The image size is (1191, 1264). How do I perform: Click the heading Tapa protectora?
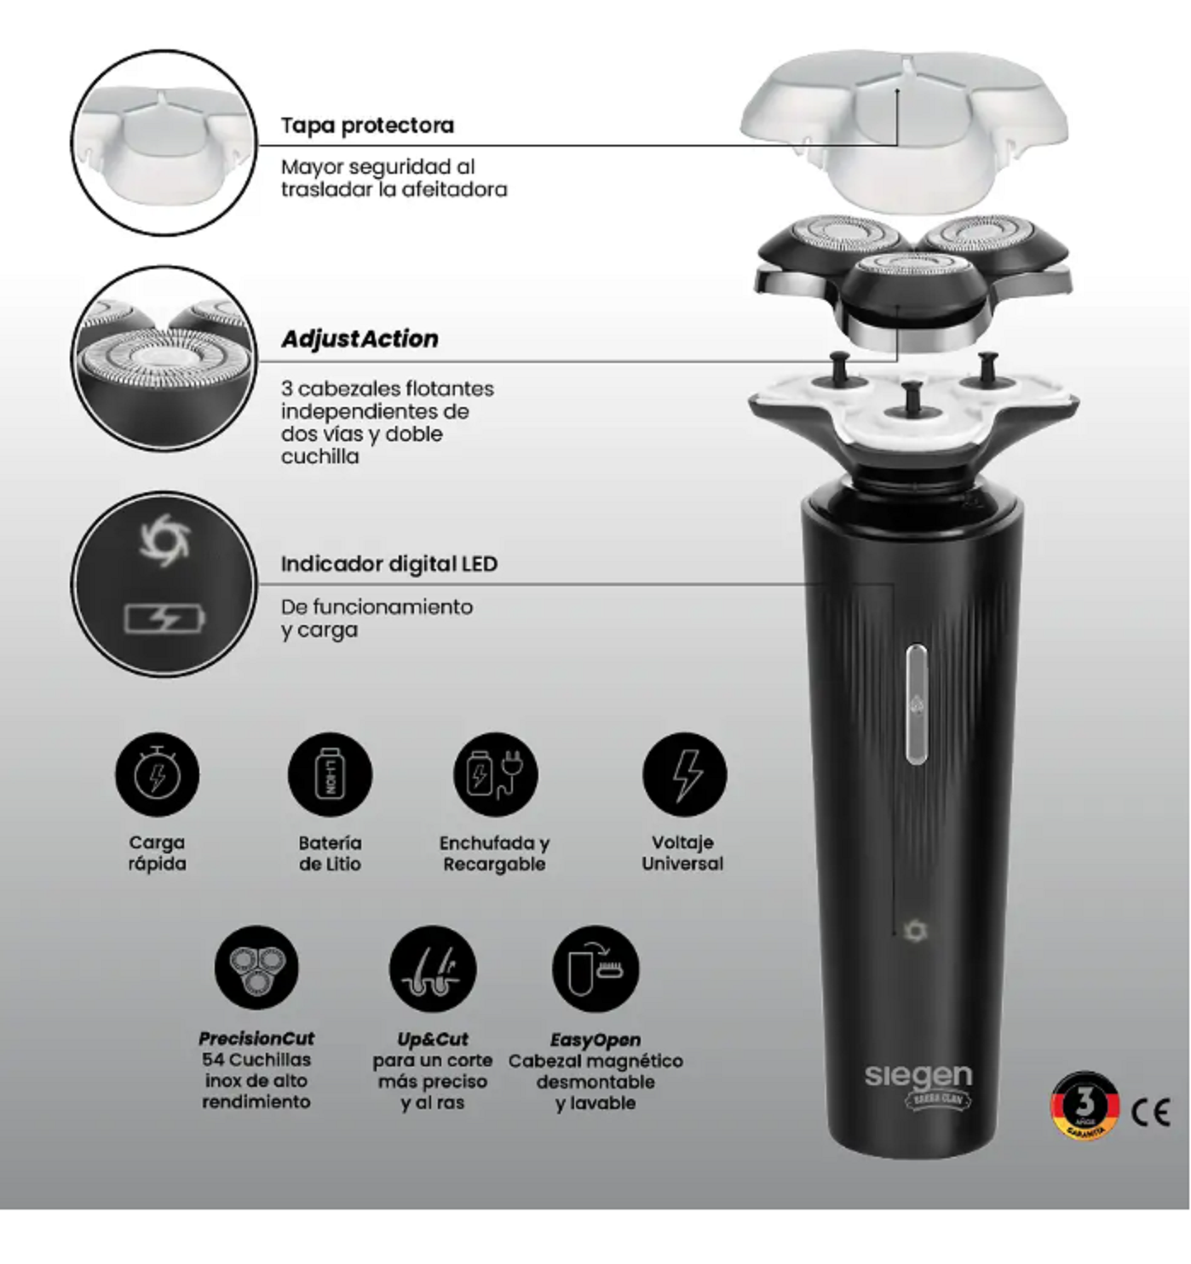pyautogui.click(x=367, y=126)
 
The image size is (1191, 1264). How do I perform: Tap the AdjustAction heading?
pyautogui.click(x=360, y=339)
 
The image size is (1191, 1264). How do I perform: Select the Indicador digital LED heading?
pyautogui.click(x=389, y=564)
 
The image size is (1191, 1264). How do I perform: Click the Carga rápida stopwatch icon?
pyautogui.click(x=158, y=775)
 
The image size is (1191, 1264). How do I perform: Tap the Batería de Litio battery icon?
pyautogui.click(x=330, y=775)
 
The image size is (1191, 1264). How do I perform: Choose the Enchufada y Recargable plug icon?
pyautogui.click(x=495, y=775)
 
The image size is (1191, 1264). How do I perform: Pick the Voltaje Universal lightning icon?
pyautogui.click(x=684, y=775)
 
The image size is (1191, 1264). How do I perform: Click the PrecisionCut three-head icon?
pyautogui.click(x=256, y=968)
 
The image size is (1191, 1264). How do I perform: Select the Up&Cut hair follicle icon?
pyautogui.click(x=432, y=968)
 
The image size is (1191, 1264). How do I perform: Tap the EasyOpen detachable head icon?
pyautogui.click(x=595, y=968)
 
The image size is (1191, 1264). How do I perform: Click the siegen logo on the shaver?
pyautogui.click(x=918, y=1076)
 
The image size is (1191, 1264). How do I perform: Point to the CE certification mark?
pyautogui.click(x=1150, y=1112)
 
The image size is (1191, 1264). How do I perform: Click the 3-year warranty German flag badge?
pyautogui.click(x=1084, y=1106)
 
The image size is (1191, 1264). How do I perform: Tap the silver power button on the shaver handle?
pyautogui.click(x=917, y=704)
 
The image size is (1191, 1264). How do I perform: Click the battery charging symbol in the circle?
pyautogui.click(x=165, y=618)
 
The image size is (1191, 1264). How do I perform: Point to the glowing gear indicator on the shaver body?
pyautogui.click(x=915, y=930)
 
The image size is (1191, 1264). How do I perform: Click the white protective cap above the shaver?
pyautogui.click(x=903, y=128)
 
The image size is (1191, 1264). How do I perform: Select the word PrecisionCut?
pyautogui.click(x=256, y=1038)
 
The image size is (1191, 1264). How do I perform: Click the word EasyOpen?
pyautogui.click(x=595, y=1039)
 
